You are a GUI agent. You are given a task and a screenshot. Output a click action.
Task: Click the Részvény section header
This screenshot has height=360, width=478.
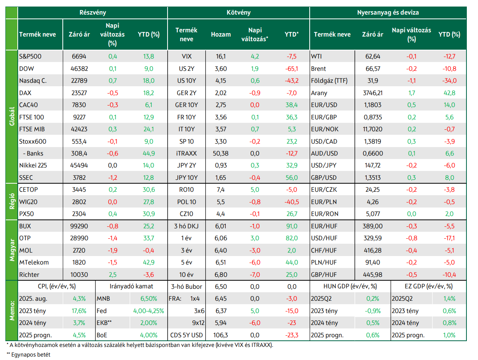pos(92,12)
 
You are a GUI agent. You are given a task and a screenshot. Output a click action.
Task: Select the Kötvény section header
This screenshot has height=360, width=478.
pos(238,12)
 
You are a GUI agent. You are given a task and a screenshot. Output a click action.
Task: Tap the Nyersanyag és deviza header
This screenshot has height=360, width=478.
pos(388,12)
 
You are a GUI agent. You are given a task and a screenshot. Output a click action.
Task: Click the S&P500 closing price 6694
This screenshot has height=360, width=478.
pos(79,56)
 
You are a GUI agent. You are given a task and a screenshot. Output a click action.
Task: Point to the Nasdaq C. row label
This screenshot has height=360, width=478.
pos(33,81)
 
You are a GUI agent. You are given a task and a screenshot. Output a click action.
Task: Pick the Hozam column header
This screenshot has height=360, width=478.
pos(221,34)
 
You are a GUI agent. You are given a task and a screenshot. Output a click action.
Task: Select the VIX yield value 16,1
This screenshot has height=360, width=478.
pos(221,56)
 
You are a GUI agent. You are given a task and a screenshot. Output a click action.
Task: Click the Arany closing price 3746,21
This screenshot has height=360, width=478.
pos(372,93)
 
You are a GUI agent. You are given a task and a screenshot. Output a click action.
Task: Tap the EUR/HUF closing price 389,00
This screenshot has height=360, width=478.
pos(372,226)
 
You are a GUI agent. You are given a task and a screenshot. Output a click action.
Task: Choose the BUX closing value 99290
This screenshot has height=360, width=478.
pos(79,226)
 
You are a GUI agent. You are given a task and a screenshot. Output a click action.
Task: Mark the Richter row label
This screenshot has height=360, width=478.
pos(29,275)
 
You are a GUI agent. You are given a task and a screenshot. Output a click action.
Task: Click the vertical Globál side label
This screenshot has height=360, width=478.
pos(12,116)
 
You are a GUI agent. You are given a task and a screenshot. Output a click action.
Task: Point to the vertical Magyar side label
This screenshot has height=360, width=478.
pos(12,250)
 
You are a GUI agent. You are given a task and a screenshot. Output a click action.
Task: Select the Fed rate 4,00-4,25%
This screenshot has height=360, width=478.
pos(149,311)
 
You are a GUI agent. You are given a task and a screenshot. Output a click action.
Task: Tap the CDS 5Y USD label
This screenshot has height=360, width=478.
pos(186,335)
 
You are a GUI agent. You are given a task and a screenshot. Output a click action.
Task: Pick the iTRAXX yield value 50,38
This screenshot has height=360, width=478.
pos(221,154)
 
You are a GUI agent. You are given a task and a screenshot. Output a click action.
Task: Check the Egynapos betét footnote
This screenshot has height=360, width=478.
pos(29,355)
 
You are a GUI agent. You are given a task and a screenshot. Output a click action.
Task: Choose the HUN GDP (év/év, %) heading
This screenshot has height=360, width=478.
pos(350,286)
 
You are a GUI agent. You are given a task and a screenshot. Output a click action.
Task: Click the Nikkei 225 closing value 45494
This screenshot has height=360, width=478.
pos(79,166)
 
